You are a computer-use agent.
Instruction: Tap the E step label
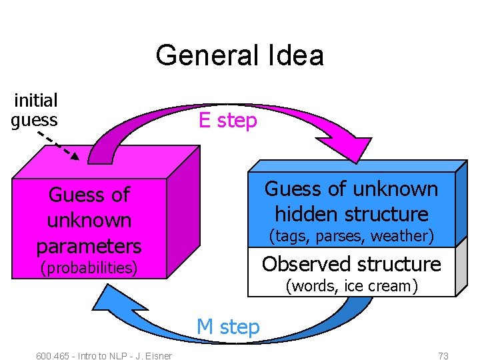tap(227, 121)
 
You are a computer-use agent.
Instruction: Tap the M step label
tap(227, 327)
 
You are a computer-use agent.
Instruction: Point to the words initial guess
tap(35, 110)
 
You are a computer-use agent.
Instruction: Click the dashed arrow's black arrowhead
tap(75, 157)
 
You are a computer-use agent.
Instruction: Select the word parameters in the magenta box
tap(89, 246)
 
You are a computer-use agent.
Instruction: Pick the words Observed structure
tap(351, 264)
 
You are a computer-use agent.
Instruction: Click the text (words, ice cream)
tap(351, 286)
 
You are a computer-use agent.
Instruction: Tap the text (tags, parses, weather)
tap(351, 236)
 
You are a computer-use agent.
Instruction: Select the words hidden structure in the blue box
tap(351, 214)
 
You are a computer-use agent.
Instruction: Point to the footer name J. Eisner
tap(155, 355)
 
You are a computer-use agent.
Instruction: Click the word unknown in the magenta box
tap(89, 220)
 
